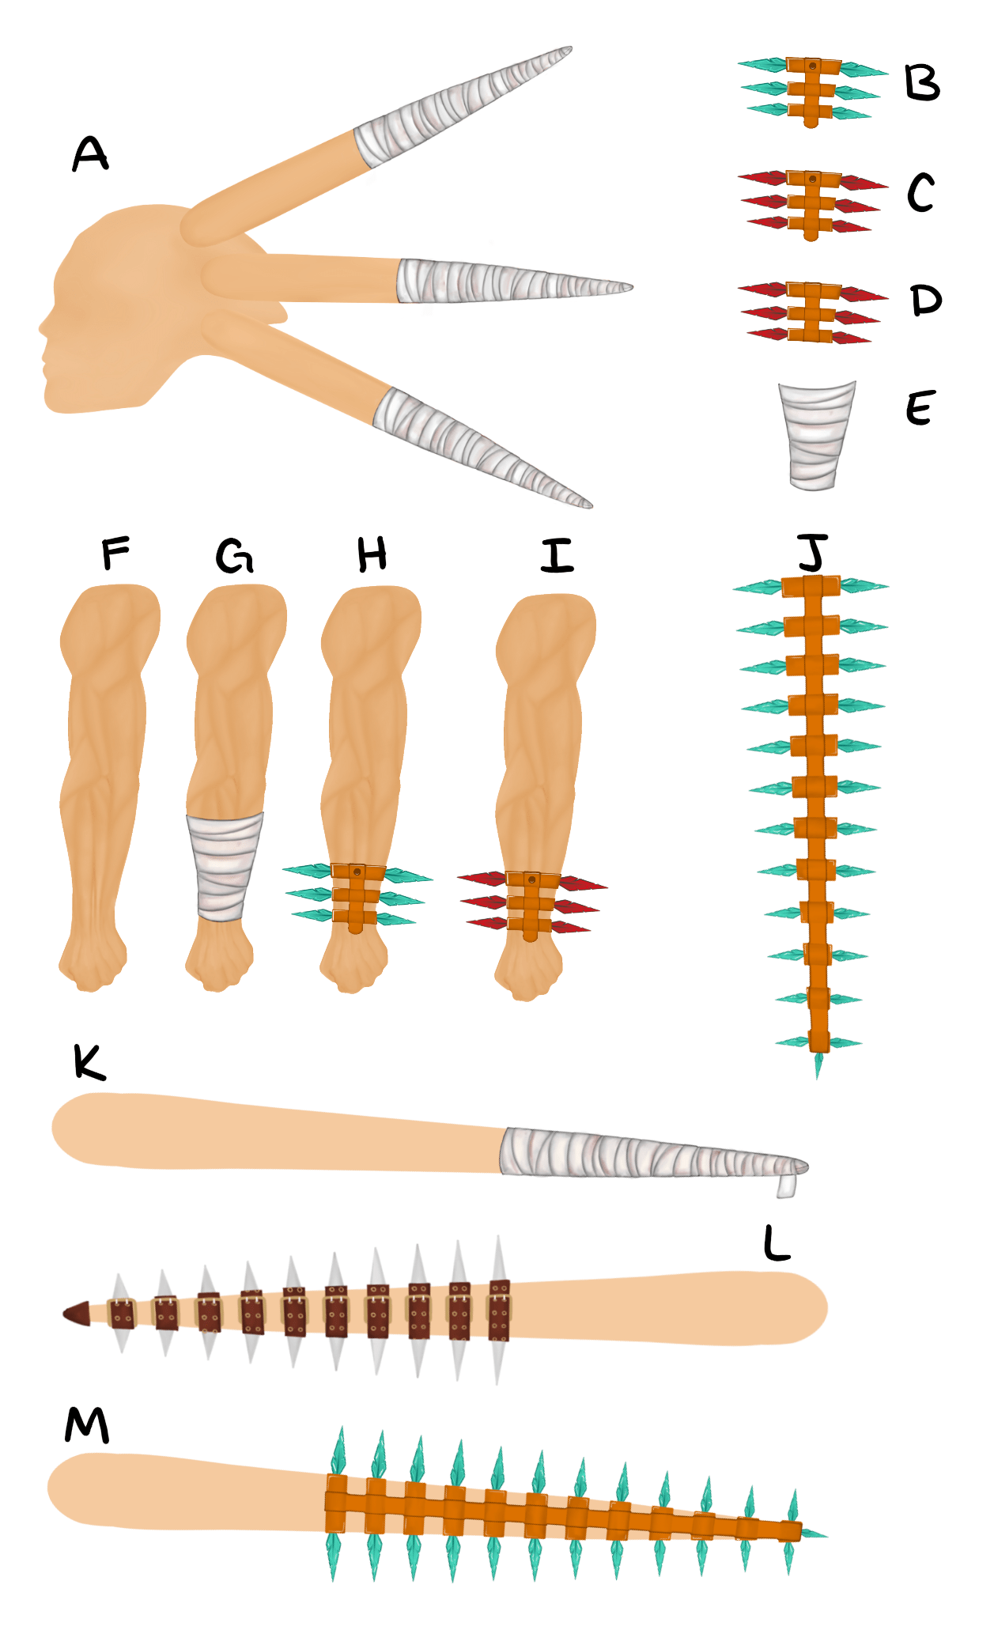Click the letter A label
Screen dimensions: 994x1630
(x=90, y=153)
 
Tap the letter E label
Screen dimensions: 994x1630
(x=920, y=408)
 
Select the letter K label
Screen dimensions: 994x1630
(x=89, y=1061)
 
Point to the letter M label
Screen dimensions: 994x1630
(x=87, y=1426)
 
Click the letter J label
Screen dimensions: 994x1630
(x=812, y=551)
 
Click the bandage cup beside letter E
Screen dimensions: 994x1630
(x=816, y=436)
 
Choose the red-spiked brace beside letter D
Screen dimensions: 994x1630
(x=813, y=312)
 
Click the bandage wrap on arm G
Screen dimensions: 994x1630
(x=224, y=867)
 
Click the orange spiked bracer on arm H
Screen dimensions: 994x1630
(x=357, y=898)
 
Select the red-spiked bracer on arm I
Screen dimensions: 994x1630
(x=532, y=906)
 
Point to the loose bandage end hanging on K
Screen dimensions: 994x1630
(x=786, y=1186)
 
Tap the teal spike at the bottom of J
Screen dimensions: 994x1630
(x=818, y=1065)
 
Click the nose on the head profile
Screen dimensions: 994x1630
(x=44, y=327)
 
